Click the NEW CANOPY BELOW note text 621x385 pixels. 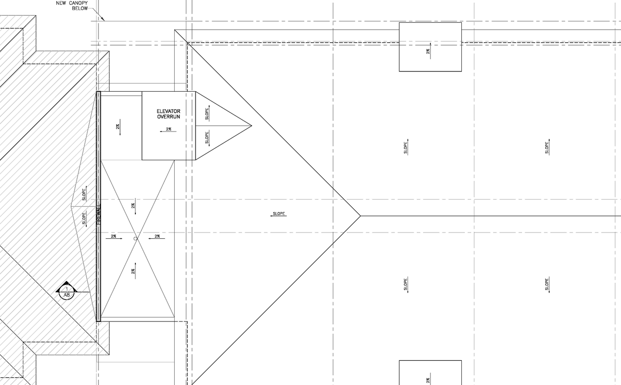71,6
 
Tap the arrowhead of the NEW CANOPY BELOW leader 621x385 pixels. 103,20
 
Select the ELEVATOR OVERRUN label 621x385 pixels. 168,114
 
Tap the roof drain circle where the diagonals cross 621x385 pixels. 135,238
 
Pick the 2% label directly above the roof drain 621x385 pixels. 133,205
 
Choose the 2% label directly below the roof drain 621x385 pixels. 133,271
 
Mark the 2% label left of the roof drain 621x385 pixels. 114,236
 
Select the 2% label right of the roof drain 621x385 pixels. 157,236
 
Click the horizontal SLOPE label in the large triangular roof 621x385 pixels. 279,214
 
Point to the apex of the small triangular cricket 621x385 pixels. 251,126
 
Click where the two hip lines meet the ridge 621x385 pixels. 360,216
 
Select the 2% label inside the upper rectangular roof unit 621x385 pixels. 428,51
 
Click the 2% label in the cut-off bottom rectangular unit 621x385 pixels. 428,380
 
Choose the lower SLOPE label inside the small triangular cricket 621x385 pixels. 207,138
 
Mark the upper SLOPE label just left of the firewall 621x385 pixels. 84,193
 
